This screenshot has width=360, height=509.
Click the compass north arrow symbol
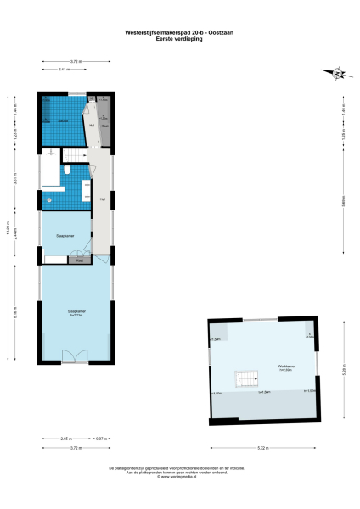click(338, 74)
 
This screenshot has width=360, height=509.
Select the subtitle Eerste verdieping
click(180, 40)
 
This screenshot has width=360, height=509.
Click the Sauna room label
click(62, 121)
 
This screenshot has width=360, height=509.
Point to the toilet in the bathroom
click(67, 171)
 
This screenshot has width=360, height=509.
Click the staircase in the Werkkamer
click(245, 378)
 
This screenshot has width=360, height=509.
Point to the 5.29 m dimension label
click(343, 370)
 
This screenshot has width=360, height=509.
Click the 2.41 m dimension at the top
click(64, 69)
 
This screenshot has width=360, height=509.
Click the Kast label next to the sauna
click(104, 125)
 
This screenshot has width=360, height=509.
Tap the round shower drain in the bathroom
click(49, 200)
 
